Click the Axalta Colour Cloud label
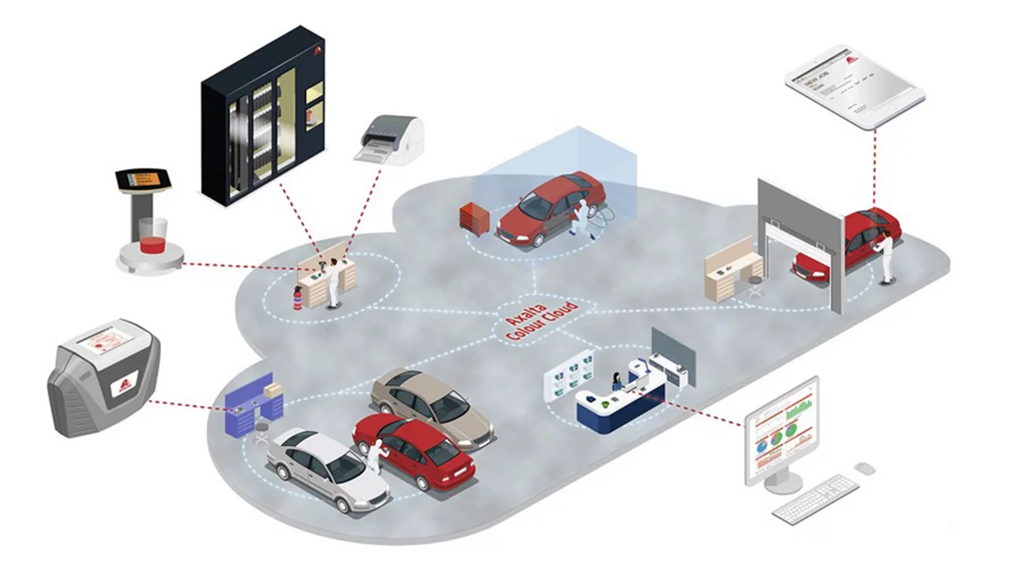click(x=539, y=317)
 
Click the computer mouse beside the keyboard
click(x=864, y=468)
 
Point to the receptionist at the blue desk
click(x=615, y=382)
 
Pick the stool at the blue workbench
click(x=262, y=431)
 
